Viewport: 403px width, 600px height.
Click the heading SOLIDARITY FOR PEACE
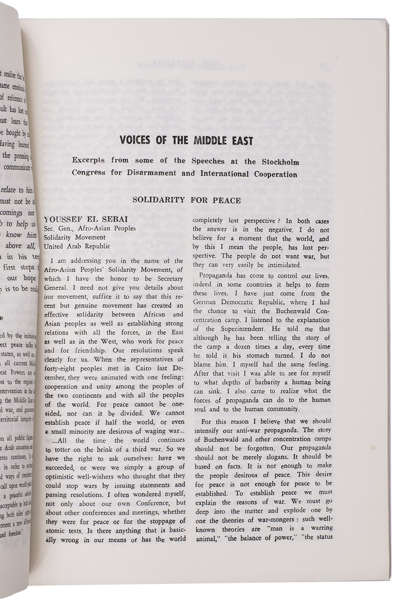click(186, 200)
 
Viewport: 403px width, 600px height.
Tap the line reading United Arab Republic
click(77, 246)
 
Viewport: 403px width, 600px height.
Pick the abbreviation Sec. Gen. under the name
click(58, 228)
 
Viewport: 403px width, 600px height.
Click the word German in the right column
click(206, 302)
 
